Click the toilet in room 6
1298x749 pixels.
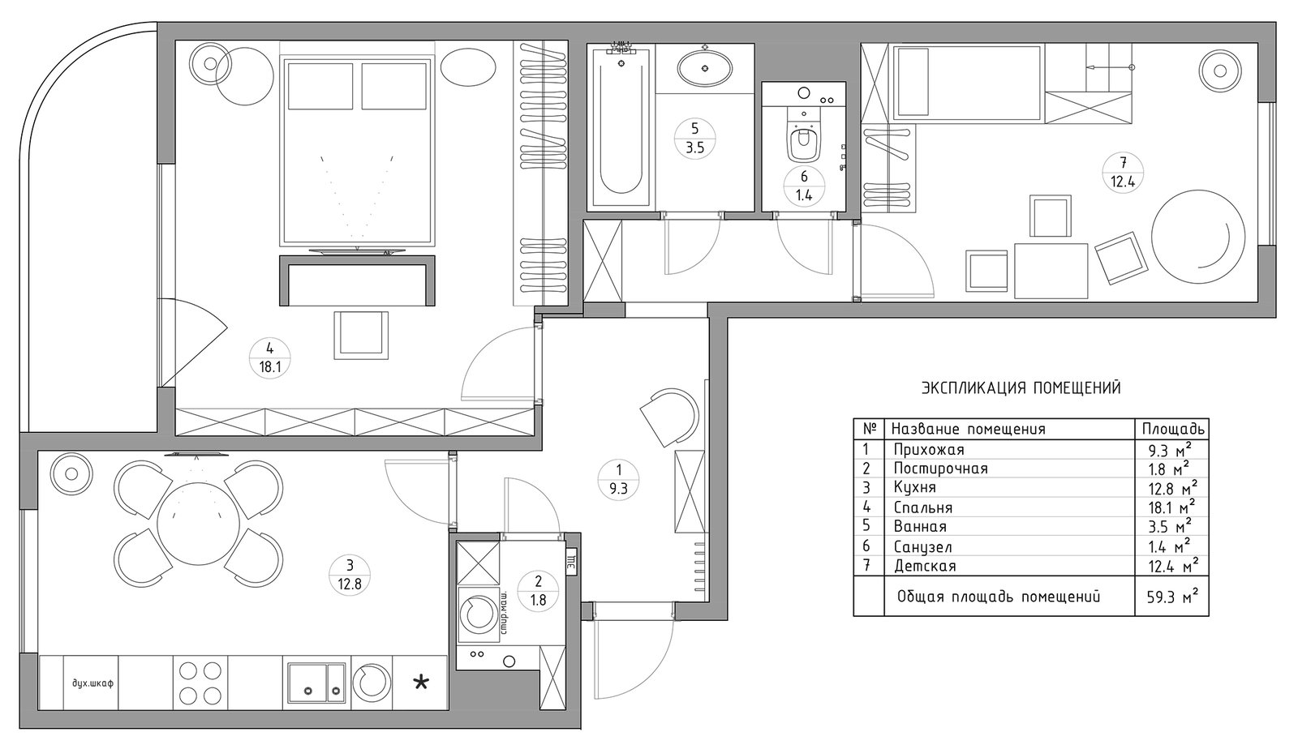pos(803,141)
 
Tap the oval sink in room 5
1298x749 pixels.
pos(705,69)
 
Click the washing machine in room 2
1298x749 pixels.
pos(479,614)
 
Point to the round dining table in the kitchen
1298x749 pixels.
pos(198,524)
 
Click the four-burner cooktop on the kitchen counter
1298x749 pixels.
pos(200,683)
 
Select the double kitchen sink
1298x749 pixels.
pos(316,683)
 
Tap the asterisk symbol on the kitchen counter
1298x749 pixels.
pos(421,683)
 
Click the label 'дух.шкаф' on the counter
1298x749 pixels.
pos(92,683)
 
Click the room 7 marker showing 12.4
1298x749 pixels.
pos(1123,173)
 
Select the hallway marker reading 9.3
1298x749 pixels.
pos(618,479)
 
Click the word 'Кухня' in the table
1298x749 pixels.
pos(914,487)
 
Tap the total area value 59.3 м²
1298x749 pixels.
pos(1172,596)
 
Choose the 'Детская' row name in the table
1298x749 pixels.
pos(924,566)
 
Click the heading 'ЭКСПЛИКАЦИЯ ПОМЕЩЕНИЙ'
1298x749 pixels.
pos(1021,387)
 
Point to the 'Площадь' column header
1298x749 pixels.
pos(1173,429)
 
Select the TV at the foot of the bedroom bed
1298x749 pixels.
pos(357,251)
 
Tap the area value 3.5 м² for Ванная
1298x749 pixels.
pos(1170,526)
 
